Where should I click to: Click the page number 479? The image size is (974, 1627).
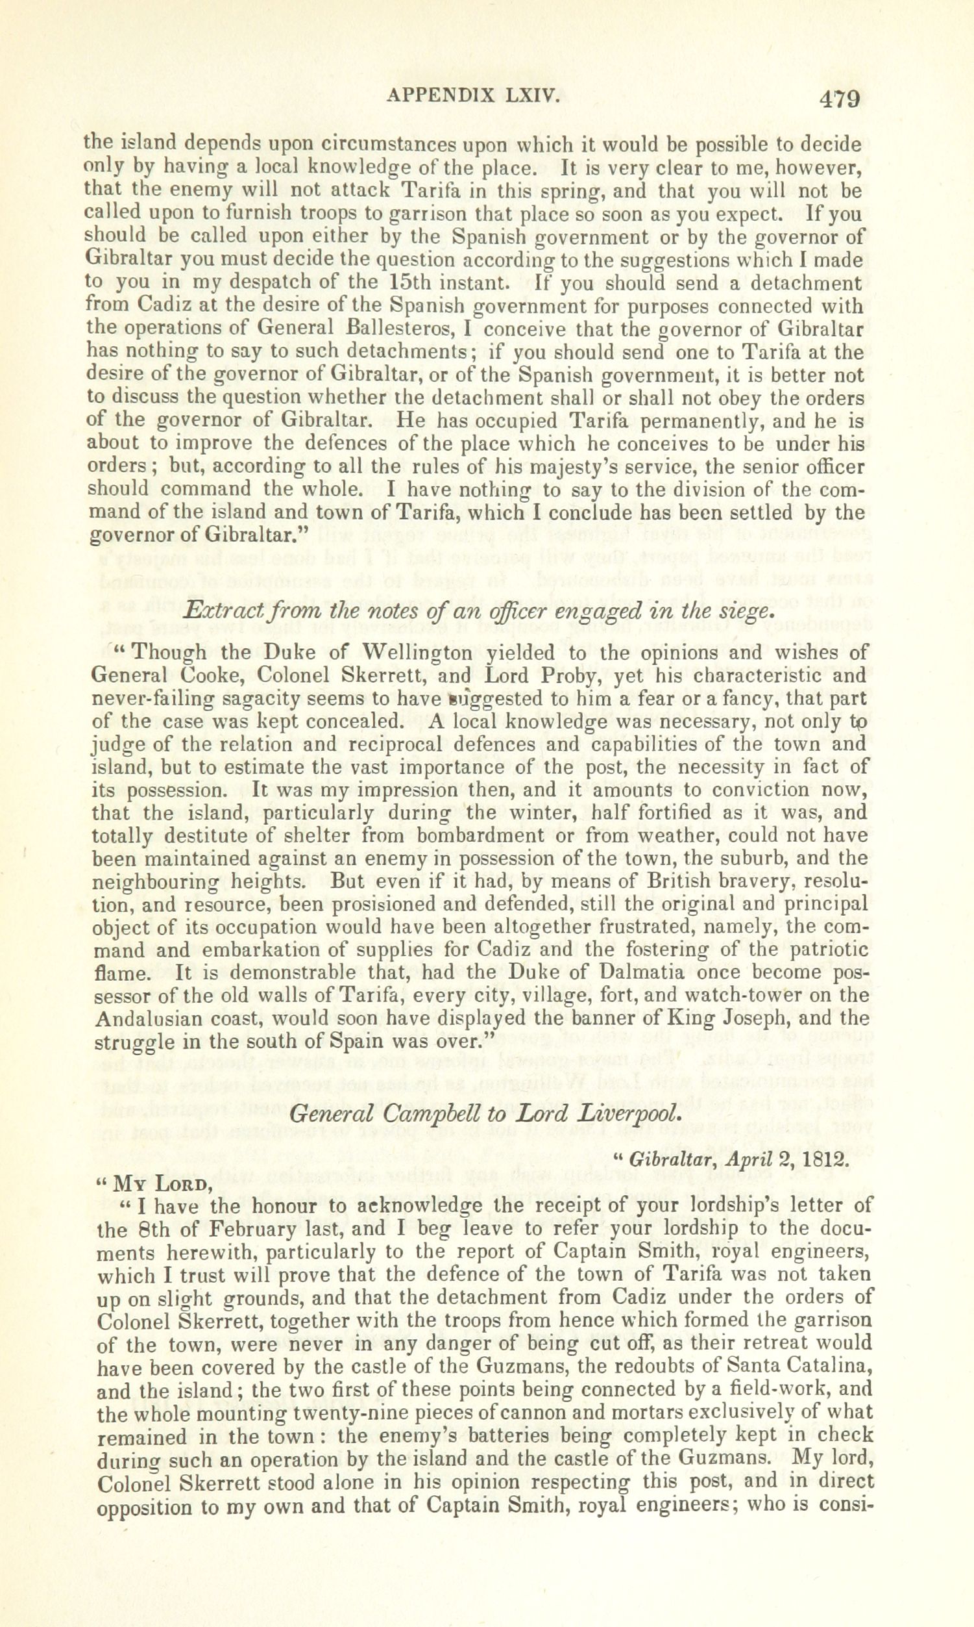click(x=839, y=100)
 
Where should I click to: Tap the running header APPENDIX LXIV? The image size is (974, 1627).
click(x=472, y=97)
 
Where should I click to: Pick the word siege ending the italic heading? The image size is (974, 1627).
click(x=740, y=611)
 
